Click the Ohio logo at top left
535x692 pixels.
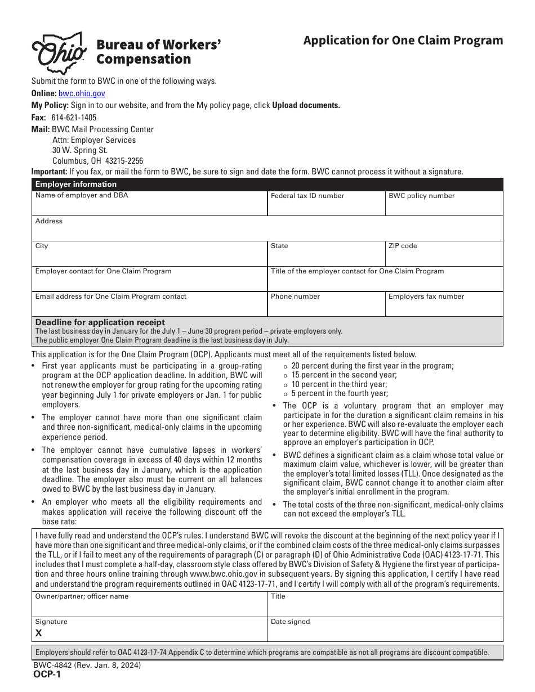tap(59, 53)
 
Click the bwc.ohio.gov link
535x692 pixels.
tap(82, 93)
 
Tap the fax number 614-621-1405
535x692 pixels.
tap(74, 118)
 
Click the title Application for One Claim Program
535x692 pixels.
tap(403, 41)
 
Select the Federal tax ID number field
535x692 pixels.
tap(326, 207)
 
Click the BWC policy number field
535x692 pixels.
tap(444, 207)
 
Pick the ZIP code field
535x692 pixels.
tap(444, 257)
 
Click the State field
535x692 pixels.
tap(326, 257)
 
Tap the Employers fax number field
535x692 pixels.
tap(444, 307)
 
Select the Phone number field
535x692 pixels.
tap(326, 307)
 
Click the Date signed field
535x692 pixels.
tap(385, 632)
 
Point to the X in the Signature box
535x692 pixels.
tap(39, 633)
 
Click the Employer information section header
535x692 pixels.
tap(76, 184)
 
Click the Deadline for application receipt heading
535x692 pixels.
tap(100, 322)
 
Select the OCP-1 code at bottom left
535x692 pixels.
tap(47, 675)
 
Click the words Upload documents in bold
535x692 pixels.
tap(306, 105)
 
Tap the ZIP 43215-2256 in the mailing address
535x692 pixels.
tap(124, 160)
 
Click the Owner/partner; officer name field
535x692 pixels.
tap(149, 608)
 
